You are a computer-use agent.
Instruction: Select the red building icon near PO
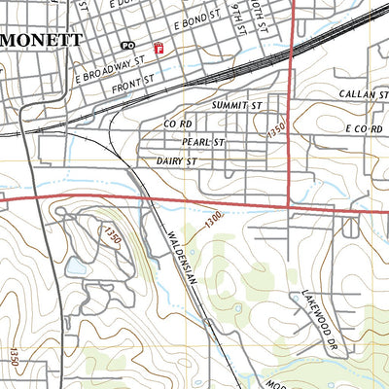pos(157,47)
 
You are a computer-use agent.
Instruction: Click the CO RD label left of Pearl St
pos(178,124)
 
